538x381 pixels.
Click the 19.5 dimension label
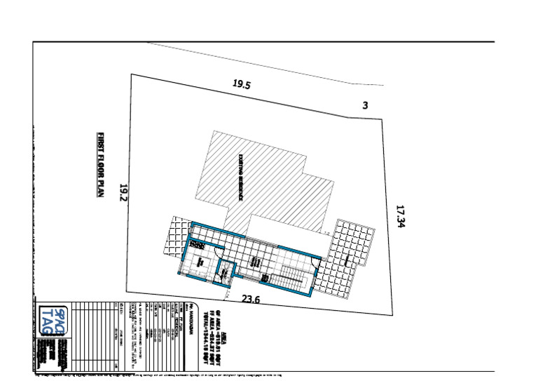coord(242,85)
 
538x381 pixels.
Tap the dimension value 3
coord(365,105)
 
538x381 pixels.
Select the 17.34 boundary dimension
coord(401,216)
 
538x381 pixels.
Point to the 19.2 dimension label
coord(123,193)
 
